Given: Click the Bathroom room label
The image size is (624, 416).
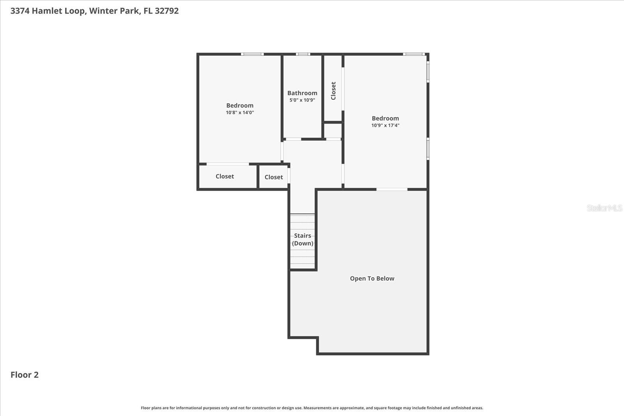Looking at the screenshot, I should coord(302,93).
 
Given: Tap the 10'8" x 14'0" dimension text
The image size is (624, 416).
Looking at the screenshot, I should coord(240,113).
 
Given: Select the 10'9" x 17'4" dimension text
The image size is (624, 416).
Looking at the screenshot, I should coord(385,126).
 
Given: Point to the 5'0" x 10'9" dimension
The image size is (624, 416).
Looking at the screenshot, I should coord(302,100).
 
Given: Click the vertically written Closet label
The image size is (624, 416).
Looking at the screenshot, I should coord(333,91).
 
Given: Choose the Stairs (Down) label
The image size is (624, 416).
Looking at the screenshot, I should coord(303,239).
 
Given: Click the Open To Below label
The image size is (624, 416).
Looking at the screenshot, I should coord(372,278).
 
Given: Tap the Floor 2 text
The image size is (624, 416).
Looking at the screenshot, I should coord(25,375).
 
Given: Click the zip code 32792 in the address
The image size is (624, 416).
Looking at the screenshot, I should coord(167,11).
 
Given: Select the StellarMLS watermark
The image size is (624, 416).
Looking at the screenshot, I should coord(604,208).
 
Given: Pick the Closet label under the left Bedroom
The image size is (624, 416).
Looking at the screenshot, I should coord(225,176).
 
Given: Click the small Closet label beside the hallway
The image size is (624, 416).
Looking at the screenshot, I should coord(273,177).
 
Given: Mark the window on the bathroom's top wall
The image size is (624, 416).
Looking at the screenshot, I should coord(303,54).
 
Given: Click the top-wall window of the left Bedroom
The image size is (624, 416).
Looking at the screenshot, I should coord(252,54).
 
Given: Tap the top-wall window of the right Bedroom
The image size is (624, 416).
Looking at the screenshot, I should coord(413,54).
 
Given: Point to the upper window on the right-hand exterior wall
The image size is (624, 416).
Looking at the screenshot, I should coord(428,72).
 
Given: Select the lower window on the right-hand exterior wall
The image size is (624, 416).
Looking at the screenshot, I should coord(428,149).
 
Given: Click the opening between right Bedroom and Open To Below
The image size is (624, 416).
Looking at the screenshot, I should coord(392,189).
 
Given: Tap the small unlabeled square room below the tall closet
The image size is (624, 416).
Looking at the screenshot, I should coord(333,131).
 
